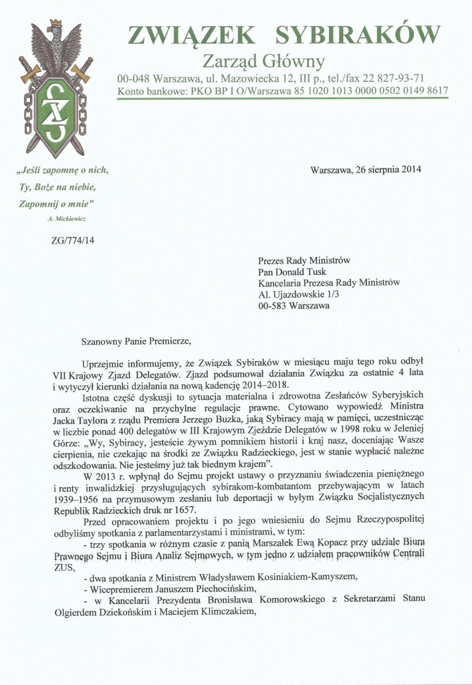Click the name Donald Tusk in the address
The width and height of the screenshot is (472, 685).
(x=310, y=272)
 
